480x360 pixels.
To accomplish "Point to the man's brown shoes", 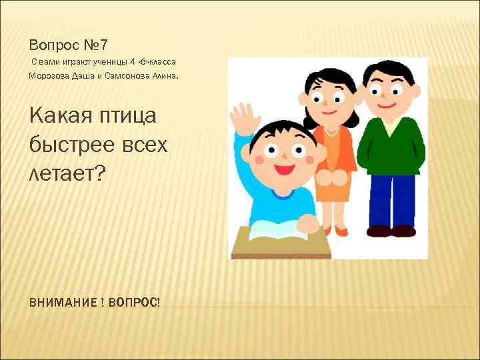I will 390,231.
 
